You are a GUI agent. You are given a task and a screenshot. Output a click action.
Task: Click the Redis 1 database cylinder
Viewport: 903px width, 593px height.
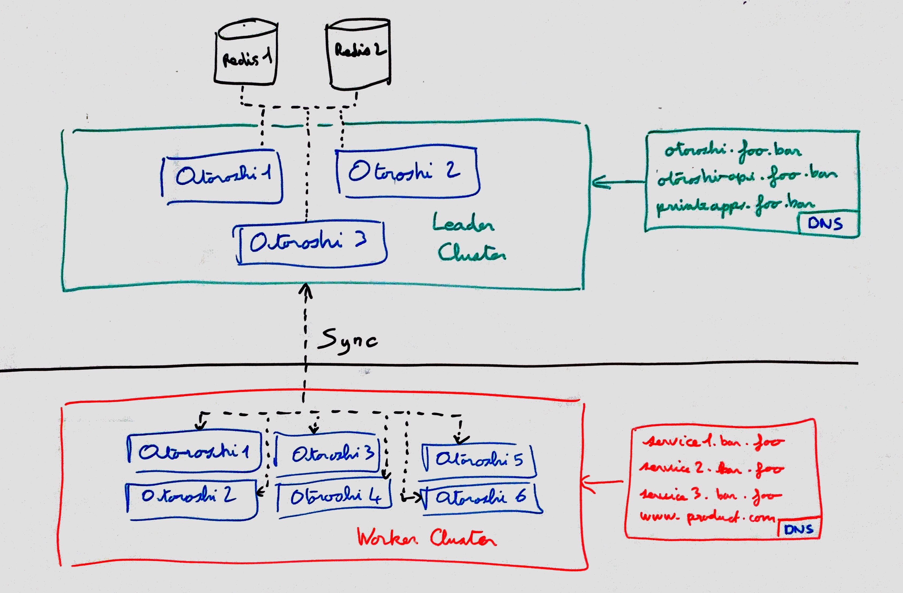(x=246, y=53)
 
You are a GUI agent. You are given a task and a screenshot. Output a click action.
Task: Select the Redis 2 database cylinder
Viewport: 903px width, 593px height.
(x=358, y=53)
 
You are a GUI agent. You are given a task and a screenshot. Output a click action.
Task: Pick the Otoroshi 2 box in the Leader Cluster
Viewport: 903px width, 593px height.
(x=407, y=172)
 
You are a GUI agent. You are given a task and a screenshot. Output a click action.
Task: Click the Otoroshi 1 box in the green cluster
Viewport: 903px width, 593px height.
(x=222, y=176)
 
